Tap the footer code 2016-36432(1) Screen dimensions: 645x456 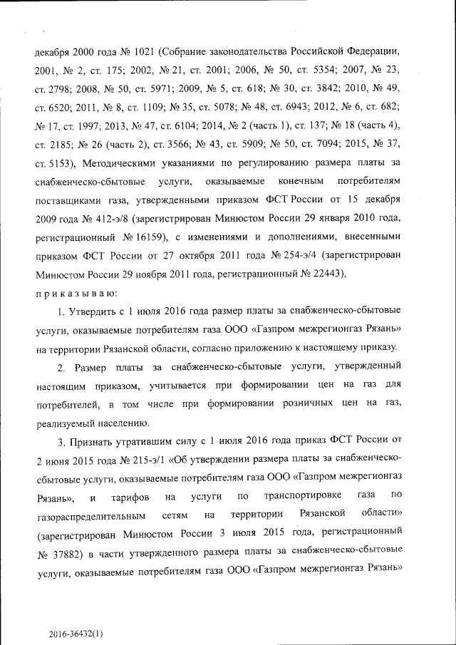tap(76, 634)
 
